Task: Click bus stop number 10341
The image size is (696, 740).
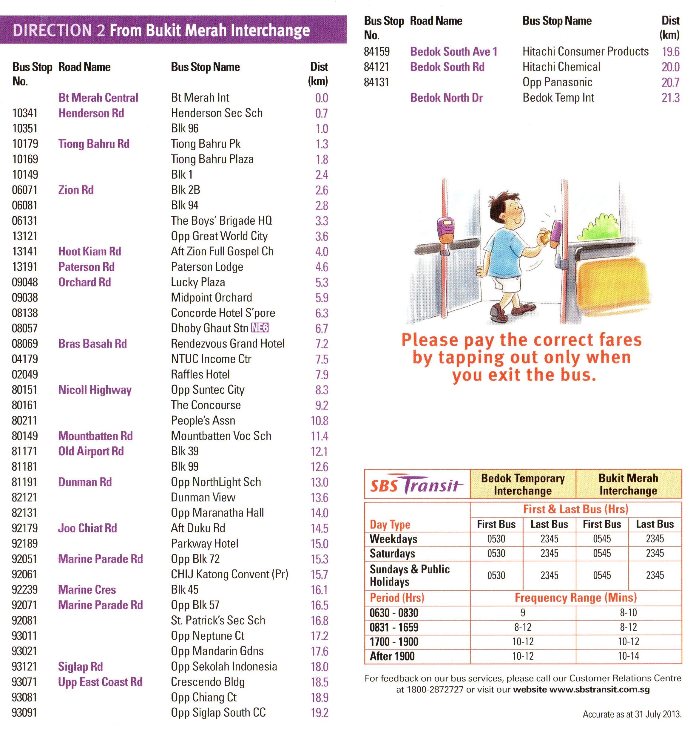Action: tap(24, 113)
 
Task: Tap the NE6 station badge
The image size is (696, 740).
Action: tap(260, 327)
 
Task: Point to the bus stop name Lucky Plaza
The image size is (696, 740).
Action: tap(198, 282)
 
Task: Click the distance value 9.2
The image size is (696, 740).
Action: tap(322, 405)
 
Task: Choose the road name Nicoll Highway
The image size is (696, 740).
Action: tap(95, 390)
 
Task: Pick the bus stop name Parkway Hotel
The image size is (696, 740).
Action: tap(204, 543)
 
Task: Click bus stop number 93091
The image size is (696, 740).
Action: tap(24, 713)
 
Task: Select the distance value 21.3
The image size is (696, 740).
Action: tap(670, 98)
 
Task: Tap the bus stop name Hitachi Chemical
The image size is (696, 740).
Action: tap(561, 67)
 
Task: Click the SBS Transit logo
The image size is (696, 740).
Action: tap(416, 485)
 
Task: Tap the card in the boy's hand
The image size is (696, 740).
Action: tap(545, 236)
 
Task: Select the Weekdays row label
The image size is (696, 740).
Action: tap(393, 539)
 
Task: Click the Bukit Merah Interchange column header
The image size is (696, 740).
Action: tap(628, 484)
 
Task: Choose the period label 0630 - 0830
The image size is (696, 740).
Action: tap(394, 613)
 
